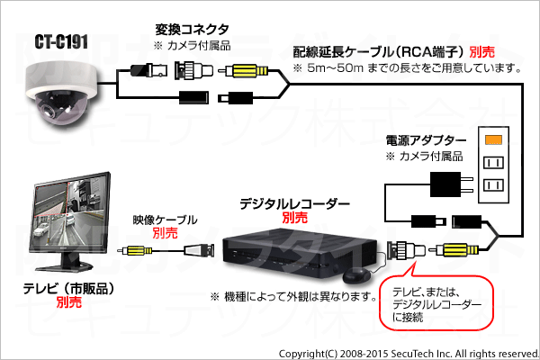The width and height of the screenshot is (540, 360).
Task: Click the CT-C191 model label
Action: (61, 42)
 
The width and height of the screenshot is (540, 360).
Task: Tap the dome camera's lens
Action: (46, 110)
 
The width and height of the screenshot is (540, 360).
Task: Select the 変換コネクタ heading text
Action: (192, 30)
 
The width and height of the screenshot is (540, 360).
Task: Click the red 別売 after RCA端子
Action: (482, 52)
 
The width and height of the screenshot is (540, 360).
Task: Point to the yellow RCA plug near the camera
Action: (246, 71)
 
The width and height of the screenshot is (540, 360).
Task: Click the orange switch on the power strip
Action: (493, 139)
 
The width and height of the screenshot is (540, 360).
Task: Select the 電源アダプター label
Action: (426, 140)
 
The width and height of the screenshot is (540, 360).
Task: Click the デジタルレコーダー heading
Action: (295, 204)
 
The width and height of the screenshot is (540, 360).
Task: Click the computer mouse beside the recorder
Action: (356, 276)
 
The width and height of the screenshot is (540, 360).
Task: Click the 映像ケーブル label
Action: (165, 220)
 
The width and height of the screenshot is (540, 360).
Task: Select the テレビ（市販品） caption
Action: (68, 289)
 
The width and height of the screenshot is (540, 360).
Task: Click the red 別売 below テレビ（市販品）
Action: (69, 302)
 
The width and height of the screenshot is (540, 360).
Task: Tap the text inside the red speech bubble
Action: (436, 304)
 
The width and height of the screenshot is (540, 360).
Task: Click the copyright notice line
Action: (409, 354)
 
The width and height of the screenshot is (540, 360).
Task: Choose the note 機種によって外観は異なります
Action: (293, 296)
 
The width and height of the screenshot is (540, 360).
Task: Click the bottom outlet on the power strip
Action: (493, 185)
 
